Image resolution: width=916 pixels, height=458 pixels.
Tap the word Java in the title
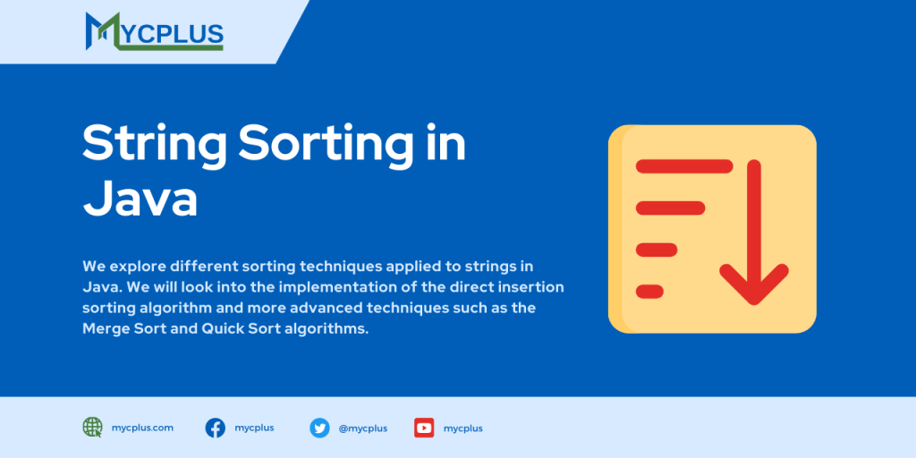pos(140,198)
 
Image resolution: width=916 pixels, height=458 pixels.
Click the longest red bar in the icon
pos(683,166)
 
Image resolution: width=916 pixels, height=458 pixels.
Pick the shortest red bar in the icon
pos(649,291)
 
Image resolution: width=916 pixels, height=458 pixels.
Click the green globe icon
pos(93,428)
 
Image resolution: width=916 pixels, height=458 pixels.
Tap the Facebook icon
pos(216,428)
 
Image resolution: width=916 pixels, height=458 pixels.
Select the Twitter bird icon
pos(319,428)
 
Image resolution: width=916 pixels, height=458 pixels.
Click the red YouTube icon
pos(424,428)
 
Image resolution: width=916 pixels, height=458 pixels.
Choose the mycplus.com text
pos(142,428)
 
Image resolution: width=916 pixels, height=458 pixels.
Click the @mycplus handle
pos(362,428)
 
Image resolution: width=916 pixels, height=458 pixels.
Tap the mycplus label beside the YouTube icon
pos(462,428)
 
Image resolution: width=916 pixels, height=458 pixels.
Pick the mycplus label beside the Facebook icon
pos(254,428)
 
